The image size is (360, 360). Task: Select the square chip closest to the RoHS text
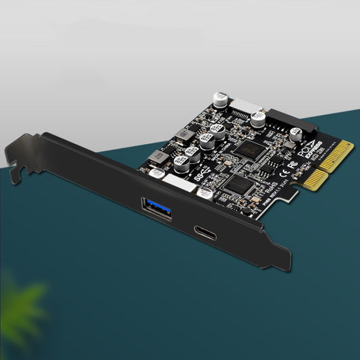point(240,186)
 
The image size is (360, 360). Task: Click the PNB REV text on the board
point(257,211)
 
